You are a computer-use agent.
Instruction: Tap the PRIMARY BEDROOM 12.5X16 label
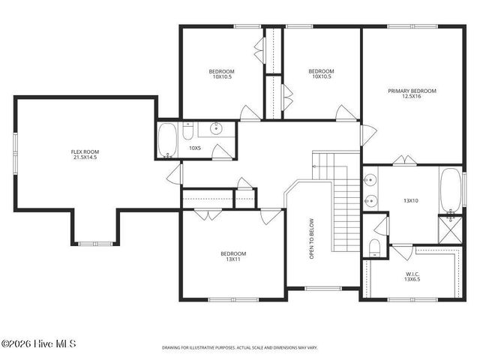pyautogui.click(x=412, y=94)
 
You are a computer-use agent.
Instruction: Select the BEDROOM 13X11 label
pyautogui.click(x=232, y=256)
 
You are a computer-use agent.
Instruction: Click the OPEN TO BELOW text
pyautogui.click(x=311, y=239)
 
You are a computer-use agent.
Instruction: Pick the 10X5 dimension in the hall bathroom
pyautogui.click(x=195, y=148)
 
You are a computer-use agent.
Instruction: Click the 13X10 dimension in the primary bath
pyautogui.click(x=410, y=200)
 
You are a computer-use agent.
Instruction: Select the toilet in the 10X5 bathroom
pyautogui.click(x=188, y=130)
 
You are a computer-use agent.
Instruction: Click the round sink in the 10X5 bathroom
pyautogui.click(x=217, y=129)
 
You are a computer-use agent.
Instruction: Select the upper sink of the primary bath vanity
pyautogui.click(x=369, y=180)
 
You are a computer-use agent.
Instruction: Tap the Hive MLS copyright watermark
pyautogui.click(x=39, y=344)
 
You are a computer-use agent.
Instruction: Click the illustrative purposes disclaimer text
pyautogui.click(x=239, y=348)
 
